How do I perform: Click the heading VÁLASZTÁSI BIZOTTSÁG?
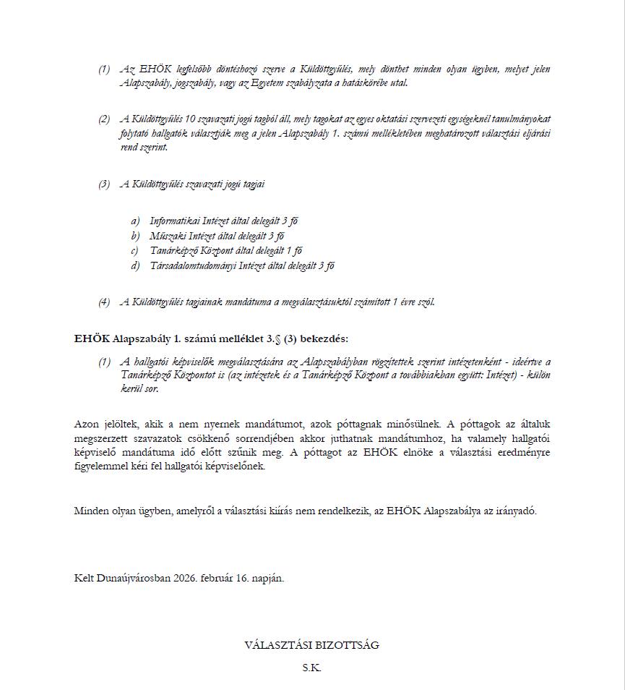tap(311, 645)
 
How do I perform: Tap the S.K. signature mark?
tap(311, 668)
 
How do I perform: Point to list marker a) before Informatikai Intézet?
tap(135, 221)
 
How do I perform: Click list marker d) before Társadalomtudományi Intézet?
tap(135, 266)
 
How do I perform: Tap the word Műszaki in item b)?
tap(167, 236)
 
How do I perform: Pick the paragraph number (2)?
tap(105, 119)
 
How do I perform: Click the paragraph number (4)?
tap(105, 302)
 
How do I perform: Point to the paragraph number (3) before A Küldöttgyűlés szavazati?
tap(105, 184)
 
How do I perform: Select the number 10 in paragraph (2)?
tap(191, 119)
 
